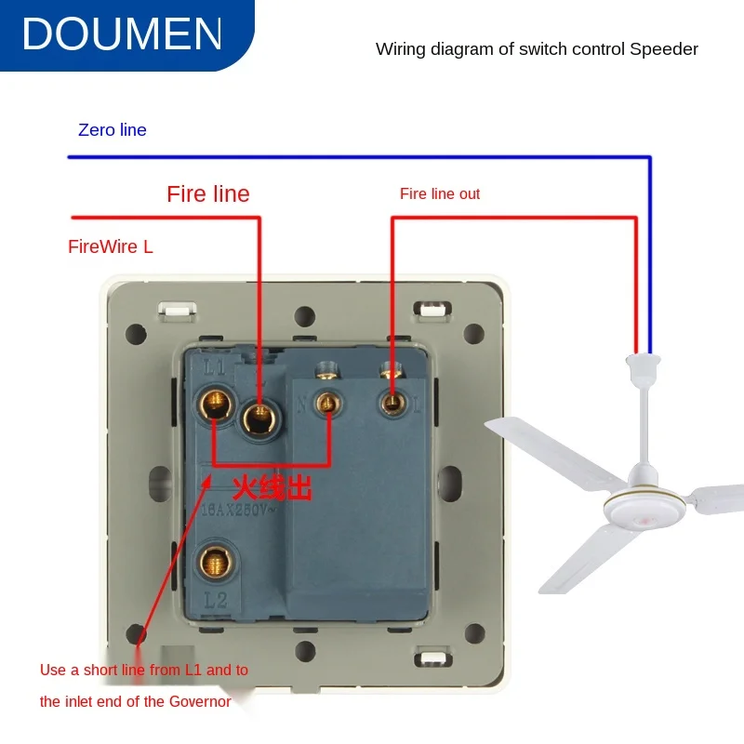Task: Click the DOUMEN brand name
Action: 123,33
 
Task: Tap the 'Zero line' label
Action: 113,130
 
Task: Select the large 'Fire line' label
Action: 208,193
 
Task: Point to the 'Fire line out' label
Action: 440,193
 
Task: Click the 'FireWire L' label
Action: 111,246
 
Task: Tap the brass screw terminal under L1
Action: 215,403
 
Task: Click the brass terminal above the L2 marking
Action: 216,562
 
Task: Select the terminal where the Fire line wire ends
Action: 259,417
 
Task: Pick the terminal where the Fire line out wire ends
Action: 392,402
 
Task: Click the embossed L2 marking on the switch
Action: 216,601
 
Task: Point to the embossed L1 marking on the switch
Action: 215,368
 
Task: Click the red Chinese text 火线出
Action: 272,486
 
